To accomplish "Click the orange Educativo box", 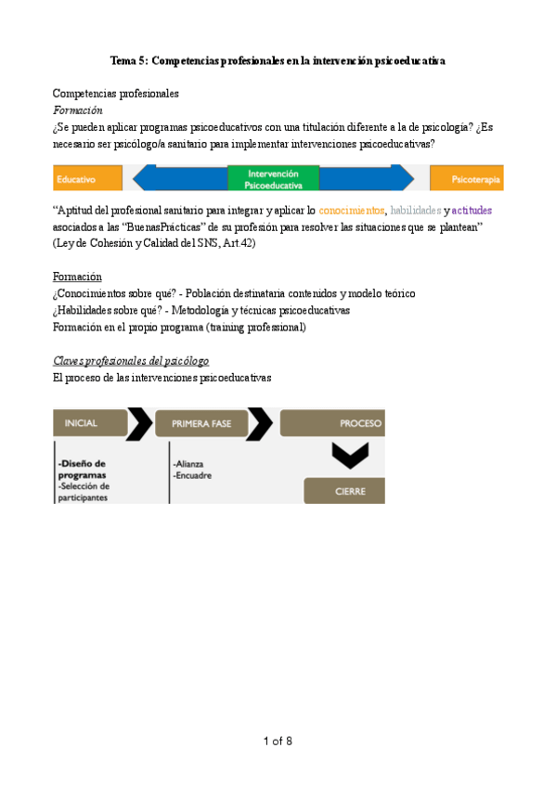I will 87,177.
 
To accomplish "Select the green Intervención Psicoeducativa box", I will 273,178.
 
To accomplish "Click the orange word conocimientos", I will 352,211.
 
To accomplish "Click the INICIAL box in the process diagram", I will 88,423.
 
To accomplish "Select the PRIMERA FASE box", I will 200,423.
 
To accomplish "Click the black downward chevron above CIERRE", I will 351,455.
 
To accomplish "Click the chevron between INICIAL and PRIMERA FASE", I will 139,423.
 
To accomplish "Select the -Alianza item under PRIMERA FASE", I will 188,463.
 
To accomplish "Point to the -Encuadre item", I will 192,475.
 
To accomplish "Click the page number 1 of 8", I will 278,741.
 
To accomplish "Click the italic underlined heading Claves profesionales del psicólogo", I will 131,360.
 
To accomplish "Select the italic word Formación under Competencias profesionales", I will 77,110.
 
